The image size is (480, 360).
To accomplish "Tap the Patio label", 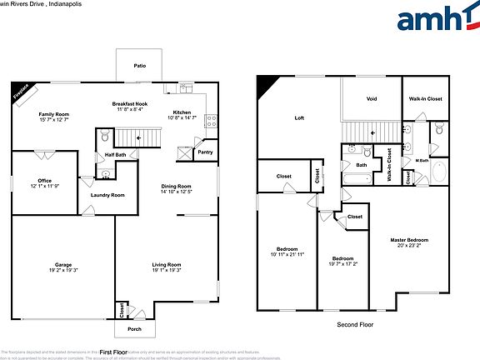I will coord(140,65).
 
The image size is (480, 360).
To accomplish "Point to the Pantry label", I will coord(204,152).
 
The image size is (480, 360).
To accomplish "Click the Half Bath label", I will coord(116,154).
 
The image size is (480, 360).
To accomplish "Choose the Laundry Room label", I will coord(107,194).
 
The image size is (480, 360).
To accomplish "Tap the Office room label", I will coord(45,181).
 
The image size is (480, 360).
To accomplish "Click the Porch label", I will coord(134,328).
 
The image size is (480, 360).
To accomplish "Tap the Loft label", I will coord(299,118).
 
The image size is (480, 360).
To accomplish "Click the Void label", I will coord(372,99).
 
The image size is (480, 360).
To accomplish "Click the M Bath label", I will coord(422,160).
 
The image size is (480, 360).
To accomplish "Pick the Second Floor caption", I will coord(355,324).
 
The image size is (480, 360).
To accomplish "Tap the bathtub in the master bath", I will coord(439,173).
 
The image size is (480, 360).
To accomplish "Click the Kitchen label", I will coord(182,112).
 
